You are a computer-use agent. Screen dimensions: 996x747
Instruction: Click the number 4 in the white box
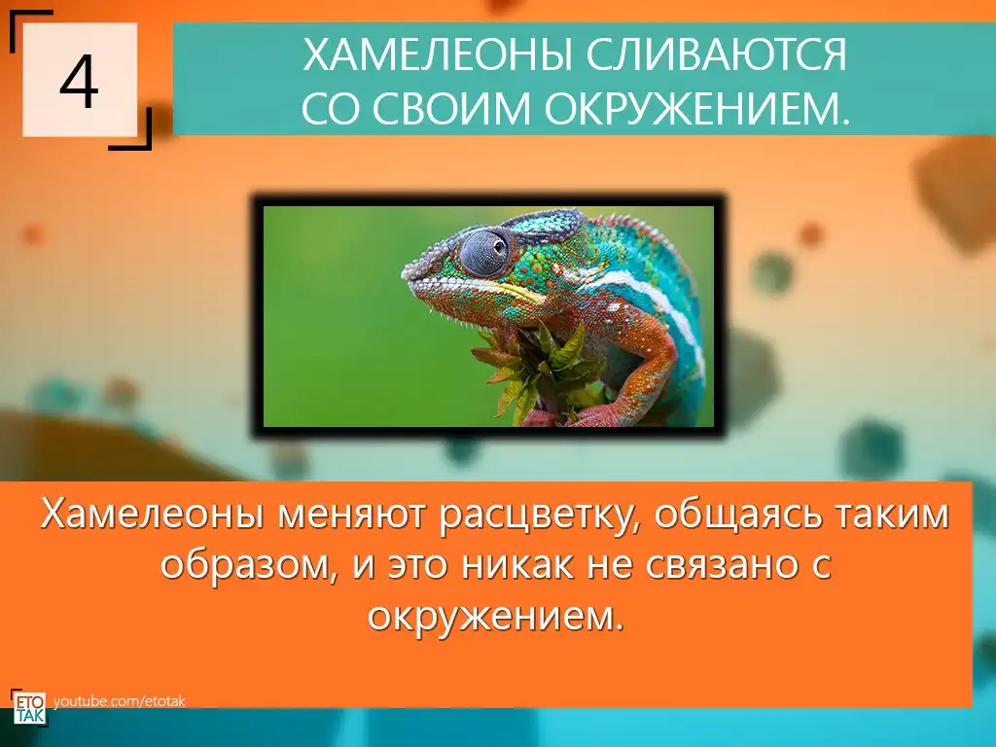(x=80, y=82)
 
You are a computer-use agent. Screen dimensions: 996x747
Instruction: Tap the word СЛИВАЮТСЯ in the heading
(x=717, y=54)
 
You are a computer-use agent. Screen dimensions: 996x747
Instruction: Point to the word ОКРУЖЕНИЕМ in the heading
(x=695, y=107)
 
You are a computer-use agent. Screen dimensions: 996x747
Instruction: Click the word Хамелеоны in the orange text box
(x=151, y=514)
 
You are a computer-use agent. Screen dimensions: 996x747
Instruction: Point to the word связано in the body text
(x=721, y=565)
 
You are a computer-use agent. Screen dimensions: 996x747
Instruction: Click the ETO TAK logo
(x=28, y=707)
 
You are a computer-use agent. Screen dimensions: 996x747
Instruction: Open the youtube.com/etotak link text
(x=120, y=701)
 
